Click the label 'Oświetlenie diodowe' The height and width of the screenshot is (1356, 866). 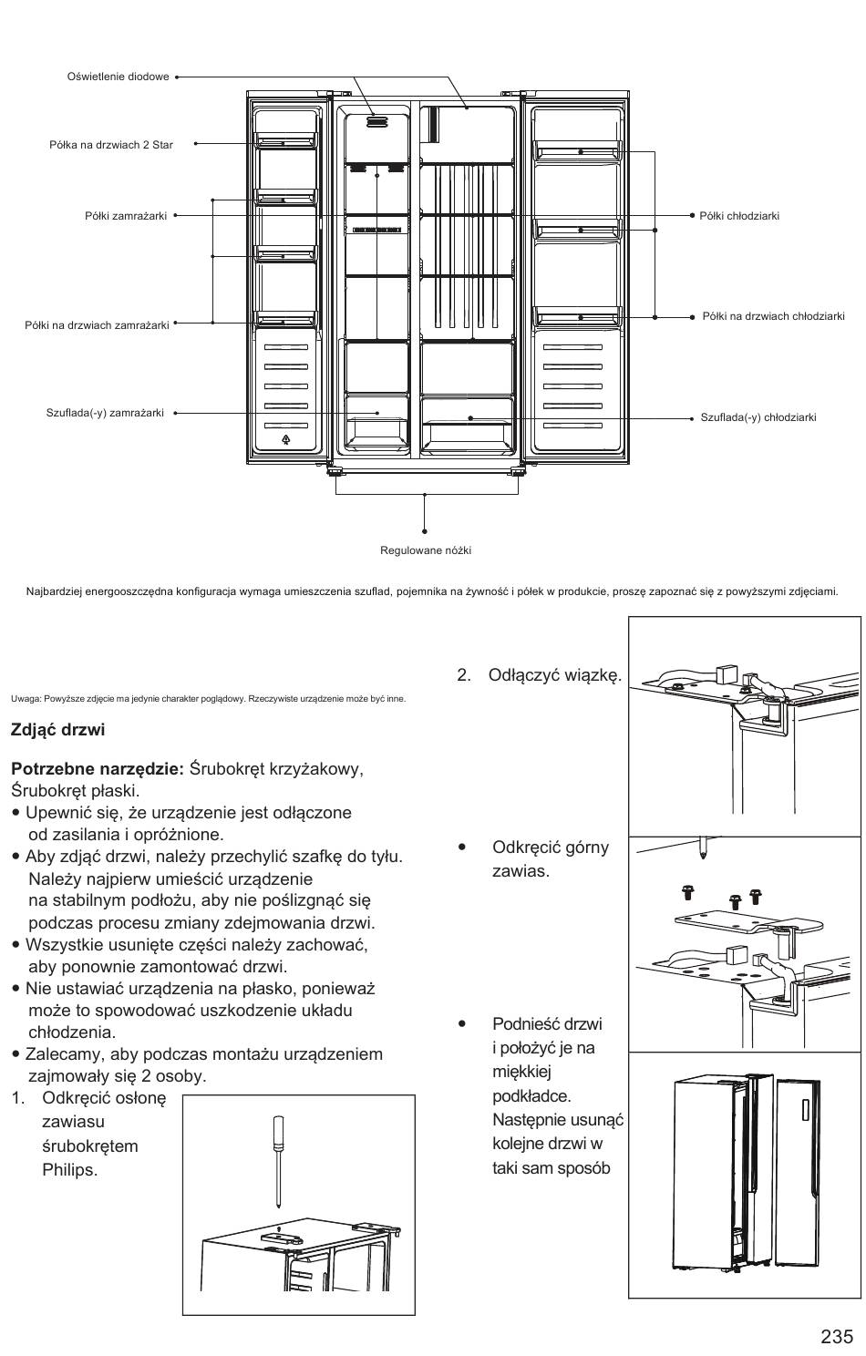click(x=119, y=77)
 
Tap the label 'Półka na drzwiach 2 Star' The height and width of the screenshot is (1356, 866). click(x=111, y=145)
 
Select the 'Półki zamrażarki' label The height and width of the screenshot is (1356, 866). click(x=126, y=215)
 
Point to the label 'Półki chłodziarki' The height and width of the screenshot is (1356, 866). click(x=738, y=215)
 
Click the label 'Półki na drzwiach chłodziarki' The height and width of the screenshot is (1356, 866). click(x=773, y=316)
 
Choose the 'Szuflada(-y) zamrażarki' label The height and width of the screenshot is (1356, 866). click(x=105, y=413)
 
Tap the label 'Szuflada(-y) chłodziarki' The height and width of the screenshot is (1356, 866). click(x=758, y=417)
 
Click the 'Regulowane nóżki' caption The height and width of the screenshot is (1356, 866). click(x=426, y=550)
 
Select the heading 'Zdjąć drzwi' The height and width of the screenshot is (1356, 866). click(x=57, y=730)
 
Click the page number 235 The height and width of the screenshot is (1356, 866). click(x=837, y=1336)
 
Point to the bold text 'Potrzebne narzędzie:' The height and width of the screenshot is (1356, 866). click(x=98, y=769)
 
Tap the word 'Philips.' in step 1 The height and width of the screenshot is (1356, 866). click(x=69, y=1170)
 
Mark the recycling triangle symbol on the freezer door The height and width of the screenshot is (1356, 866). click(x=285, y=439)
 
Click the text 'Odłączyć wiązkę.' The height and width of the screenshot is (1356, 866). click(x=555, y=675)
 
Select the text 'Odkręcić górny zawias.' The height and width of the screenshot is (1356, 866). click(x=551, y=859)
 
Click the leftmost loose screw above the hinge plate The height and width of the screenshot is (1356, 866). click(x=687, y=892)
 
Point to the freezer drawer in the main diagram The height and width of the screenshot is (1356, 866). click(x=376, y=423)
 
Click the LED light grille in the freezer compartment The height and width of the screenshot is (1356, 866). click(x=376, y=122)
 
